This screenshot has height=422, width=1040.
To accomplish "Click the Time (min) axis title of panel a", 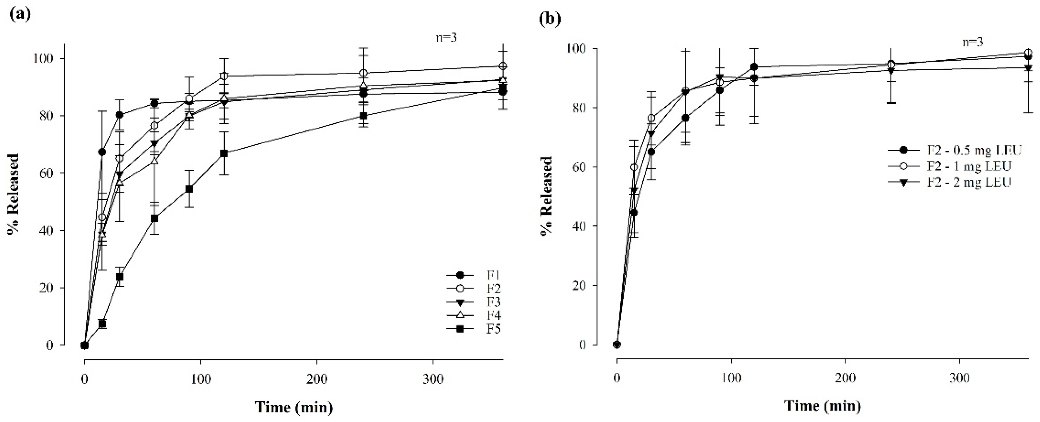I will click(294, 407).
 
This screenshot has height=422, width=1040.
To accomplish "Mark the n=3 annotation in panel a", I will click(446, 38).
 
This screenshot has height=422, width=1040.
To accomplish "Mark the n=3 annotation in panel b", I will click(972, 42).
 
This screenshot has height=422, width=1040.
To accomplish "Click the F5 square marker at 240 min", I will click(363, 116).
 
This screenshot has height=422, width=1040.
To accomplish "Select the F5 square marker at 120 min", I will click(224, 153).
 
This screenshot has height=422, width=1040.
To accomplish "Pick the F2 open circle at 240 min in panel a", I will click(363, 73).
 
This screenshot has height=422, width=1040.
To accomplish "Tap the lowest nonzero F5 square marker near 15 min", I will click(102, 323).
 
